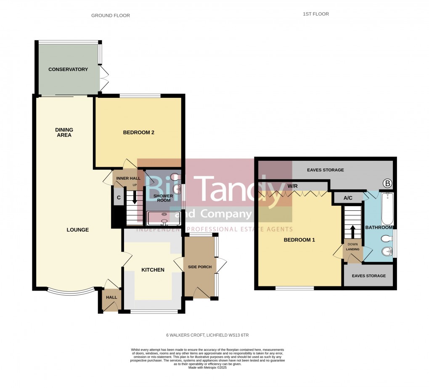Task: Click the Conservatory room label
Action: pos(68,69)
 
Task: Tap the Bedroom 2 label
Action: pos(138,133)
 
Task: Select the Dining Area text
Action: pos(64,132)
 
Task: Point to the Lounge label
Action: pos(77,230)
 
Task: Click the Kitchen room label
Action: pos(152,270)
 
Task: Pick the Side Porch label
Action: pos(199,267)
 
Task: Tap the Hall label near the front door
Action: pos(111,297)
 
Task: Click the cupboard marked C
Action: pos(119,198)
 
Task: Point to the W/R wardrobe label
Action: pos(293,186)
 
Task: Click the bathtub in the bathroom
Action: pos(387,209)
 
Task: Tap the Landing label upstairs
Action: pos(352,249)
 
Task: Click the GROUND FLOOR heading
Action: pos(111,16)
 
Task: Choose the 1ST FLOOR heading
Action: pos(315,14)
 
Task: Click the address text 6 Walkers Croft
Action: pos(210,335)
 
